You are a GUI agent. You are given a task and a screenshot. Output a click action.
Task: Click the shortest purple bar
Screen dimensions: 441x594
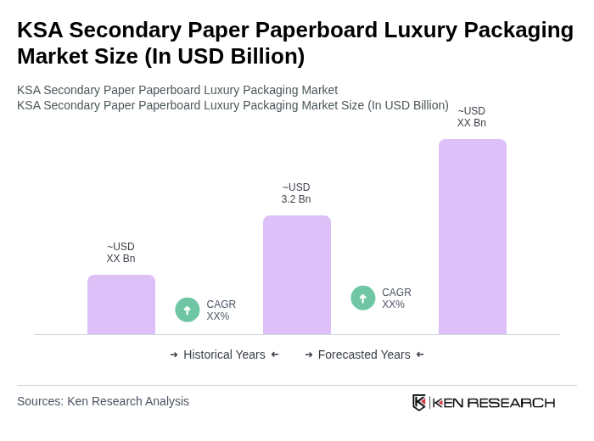tap(121, 304)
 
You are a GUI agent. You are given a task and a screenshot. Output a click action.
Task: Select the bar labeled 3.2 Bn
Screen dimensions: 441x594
tap(296, 275)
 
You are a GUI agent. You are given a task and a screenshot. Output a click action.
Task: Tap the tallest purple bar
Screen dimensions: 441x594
tap(472, 237)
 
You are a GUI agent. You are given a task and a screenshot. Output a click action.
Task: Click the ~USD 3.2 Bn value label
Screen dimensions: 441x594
tap(296, 193)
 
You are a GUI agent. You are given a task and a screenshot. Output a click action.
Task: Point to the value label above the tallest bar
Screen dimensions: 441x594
tap(472, 117)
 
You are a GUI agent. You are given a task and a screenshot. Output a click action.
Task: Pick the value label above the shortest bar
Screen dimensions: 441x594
tap(120, 253)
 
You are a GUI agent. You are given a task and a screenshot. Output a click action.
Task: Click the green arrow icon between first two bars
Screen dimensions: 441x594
tap(188, 310)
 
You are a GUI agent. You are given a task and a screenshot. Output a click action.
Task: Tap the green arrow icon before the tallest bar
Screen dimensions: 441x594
tap(363, 298)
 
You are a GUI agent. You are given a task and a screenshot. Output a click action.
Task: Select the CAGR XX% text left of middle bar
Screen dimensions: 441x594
tap(221, 310)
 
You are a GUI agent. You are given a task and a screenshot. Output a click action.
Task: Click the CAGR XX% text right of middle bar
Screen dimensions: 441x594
tap(396, 299)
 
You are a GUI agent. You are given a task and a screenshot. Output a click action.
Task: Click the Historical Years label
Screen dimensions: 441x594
tap(224, 354)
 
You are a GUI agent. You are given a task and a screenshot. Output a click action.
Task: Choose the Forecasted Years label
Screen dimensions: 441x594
tap(364, 354)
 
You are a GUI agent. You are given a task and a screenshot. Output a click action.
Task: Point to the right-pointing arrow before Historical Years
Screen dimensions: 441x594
tap(174, 354)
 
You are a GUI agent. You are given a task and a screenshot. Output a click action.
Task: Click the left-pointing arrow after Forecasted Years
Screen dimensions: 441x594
tap(420, 354)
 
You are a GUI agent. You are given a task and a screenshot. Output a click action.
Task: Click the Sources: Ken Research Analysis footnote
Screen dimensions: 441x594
tap(103, 401)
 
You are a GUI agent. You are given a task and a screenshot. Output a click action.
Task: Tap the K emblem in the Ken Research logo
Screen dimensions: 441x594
tap(419, 402)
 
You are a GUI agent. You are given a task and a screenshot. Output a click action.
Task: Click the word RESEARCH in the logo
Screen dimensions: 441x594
tap(511, 402)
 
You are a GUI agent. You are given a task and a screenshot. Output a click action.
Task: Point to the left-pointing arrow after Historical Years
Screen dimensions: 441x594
tap(275, 354)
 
